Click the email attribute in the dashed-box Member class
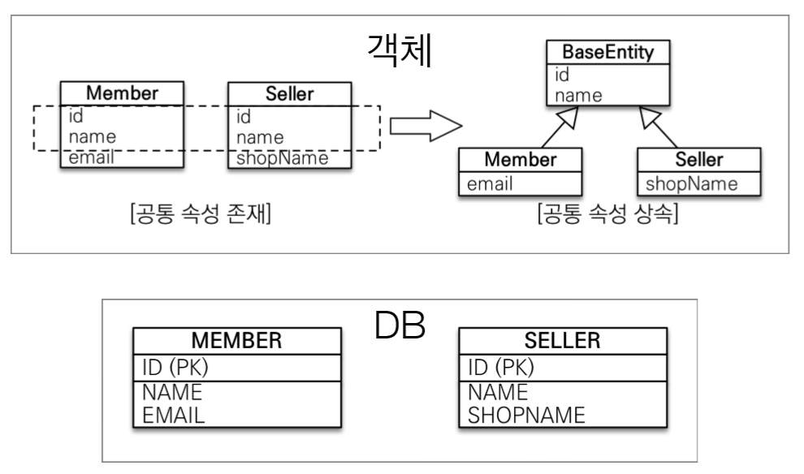(x=92, y=157)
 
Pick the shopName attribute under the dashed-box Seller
(x=282, y=157)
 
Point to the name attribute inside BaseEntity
(x=578, y=95)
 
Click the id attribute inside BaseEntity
(x=562, y=75)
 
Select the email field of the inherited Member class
(x=490, y=184)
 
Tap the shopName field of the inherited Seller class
(x=692, y=184)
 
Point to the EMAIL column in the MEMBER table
(x=174, y=416)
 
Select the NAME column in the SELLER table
(x=498, y=394)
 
